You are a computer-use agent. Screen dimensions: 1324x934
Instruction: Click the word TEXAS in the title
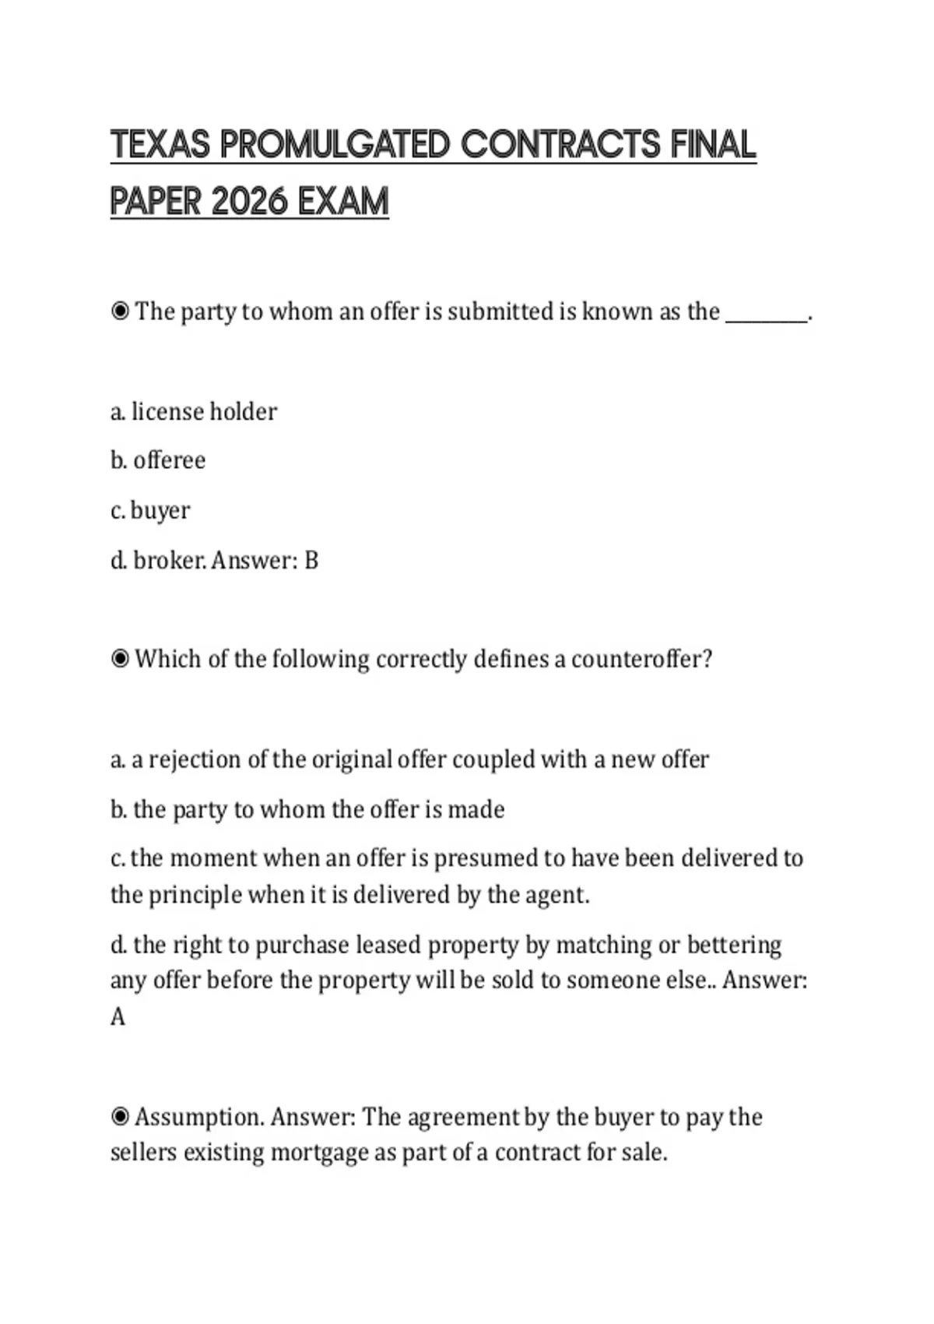160,145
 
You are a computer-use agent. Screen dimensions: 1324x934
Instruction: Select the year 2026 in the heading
249,202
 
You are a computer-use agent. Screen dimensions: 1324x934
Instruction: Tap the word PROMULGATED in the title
335,145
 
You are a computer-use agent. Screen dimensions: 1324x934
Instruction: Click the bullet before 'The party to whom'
120,312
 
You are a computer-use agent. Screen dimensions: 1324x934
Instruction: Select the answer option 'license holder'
204,411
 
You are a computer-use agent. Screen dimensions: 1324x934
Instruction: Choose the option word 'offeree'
169,460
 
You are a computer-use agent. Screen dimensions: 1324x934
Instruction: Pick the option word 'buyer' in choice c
160,511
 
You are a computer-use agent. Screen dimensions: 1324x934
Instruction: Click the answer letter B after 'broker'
311,560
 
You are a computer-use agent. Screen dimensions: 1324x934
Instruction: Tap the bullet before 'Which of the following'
120,659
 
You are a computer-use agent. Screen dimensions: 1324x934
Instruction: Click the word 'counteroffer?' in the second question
641,659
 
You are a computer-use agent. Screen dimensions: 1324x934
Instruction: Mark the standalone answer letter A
118,1017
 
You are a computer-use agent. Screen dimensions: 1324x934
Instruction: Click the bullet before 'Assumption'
120,1117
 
